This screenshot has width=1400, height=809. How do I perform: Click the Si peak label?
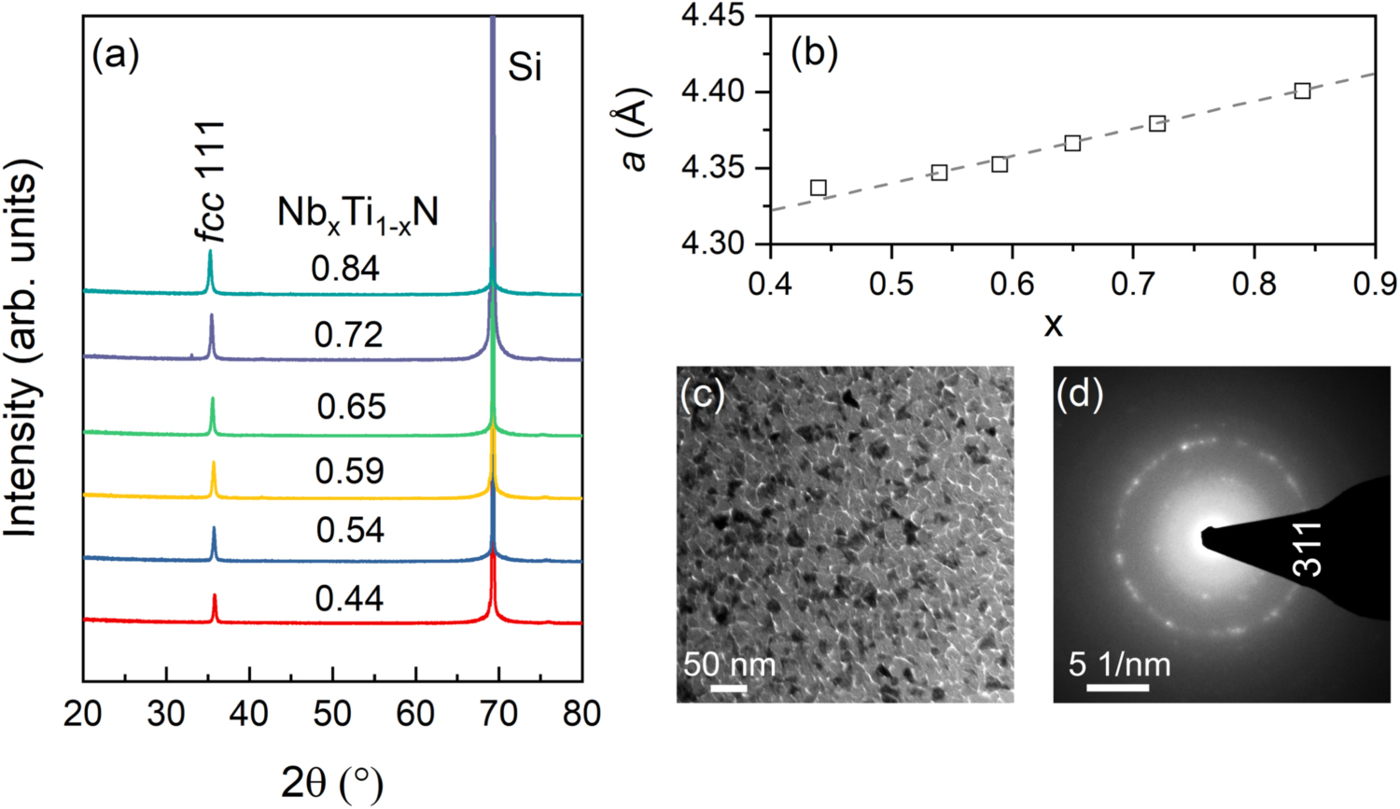(525, 67)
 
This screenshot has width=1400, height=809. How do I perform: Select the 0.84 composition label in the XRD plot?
(345, 269)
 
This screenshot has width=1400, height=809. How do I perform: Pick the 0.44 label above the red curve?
(349, 598)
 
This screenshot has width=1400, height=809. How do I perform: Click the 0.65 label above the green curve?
(351, 407)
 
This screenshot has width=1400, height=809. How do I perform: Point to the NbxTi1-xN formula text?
(357, 215)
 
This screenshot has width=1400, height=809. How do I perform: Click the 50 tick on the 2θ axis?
(332, 714)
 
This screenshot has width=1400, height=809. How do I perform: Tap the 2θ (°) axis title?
(332, 782)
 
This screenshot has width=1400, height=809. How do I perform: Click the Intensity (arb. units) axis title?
(22, 348)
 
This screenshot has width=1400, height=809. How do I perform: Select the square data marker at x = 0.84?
(1302, 91)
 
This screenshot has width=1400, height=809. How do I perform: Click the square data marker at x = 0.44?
(819, 188)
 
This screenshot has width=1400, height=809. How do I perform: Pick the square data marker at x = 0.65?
(1072, 143)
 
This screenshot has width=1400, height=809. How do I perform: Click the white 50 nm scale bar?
(729, 690)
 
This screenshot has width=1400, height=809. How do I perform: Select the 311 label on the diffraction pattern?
(1309, 549)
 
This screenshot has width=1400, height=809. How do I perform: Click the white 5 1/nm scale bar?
(1117, 688)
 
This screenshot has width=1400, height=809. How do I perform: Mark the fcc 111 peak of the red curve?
(215, 607)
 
